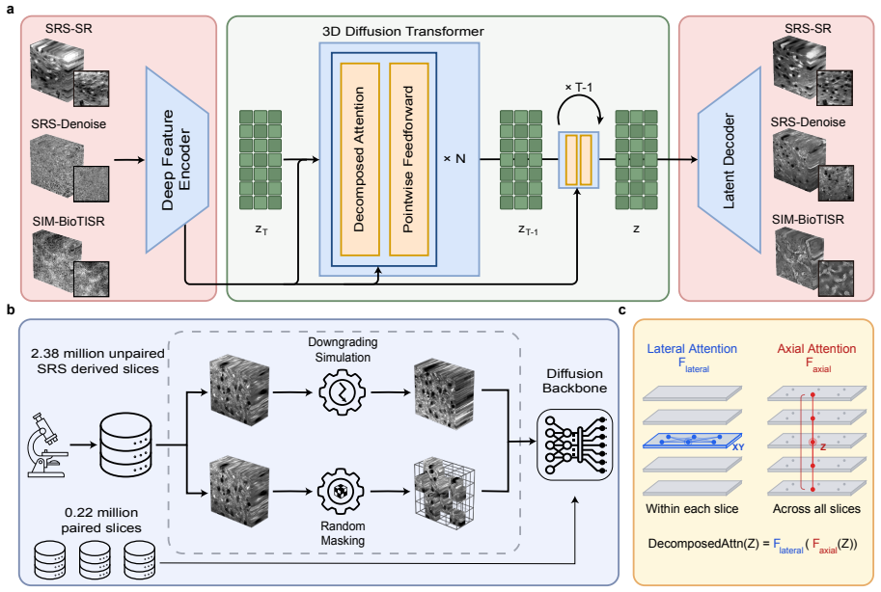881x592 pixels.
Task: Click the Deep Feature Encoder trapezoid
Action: pyautogui.click(x=177, y=160)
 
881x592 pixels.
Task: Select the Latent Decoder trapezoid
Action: pyautogui.click(x=730, y=160)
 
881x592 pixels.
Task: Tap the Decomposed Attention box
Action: pyautogui.click(x=360, y=159)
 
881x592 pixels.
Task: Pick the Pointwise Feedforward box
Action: pyautogui.click(x=409, y=159)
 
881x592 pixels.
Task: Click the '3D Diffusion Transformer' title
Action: pyautogui.click(x=402, y=32)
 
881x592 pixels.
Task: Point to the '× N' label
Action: pyautogui.click(x=454, y=159)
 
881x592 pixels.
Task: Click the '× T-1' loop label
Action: pyautogui.click(x=578, y=87)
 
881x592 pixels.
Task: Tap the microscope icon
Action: pyautogui.click(x=47, y=444)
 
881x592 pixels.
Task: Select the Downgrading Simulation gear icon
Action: pyautogui.click(x=343, y=392)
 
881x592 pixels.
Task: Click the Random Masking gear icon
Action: pyautogui.click(x=341, y=492)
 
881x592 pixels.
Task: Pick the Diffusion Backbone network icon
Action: pyautogui.click(x=574, y=444)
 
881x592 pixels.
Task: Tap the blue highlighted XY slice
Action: pyautogui.click(x=692, y=441)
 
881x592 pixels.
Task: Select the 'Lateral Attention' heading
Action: pyautogui.click(x=692, y=349)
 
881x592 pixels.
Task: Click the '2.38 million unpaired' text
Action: pyautogui.click(x=97, y=353)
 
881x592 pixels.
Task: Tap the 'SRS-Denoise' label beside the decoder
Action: pyautogui.click(x=808, y=121)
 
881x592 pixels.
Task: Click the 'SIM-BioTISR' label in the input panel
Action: pyautogui.click(x=69, y=222)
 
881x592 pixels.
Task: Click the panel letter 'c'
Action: pyautogui.click(x=622, y=310)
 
